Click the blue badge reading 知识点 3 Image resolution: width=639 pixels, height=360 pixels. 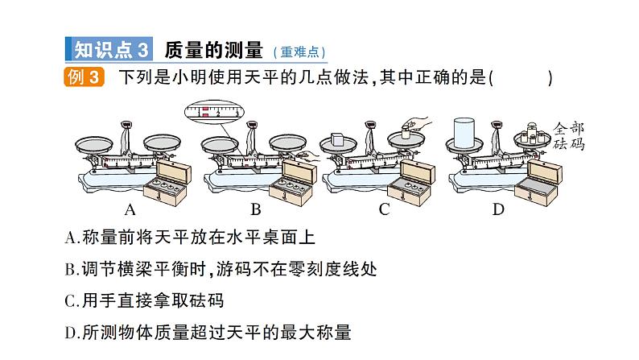(109, 49)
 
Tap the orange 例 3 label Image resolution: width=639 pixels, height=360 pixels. (84, 77)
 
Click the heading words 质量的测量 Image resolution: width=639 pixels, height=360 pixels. (213, 50)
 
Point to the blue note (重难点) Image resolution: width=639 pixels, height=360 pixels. (299, 52)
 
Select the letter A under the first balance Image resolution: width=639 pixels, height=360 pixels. (130, 209)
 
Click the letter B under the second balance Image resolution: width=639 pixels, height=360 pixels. (255, 209)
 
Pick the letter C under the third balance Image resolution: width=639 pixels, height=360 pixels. (384, 209)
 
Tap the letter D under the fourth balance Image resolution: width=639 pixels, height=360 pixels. (498, 209)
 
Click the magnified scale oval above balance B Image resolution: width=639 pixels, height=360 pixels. (214, 112)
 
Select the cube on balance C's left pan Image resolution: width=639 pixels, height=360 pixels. (338, 139)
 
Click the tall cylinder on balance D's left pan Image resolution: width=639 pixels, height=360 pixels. (464, 133)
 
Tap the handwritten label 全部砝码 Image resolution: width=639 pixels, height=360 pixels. (568, 136)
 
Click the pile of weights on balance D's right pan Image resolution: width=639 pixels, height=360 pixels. (533, 134)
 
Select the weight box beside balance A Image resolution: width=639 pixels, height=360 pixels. (167, 183)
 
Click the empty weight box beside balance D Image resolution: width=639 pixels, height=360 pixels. (538, 183)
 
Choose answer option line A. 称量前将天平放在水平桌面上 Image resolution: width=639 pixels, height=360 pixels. (190, 238)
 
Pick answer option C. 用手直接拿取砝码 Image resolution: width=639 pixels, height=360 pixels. (144, 301)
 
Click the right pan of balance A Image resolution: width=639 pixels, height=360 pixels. (162, 142)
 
